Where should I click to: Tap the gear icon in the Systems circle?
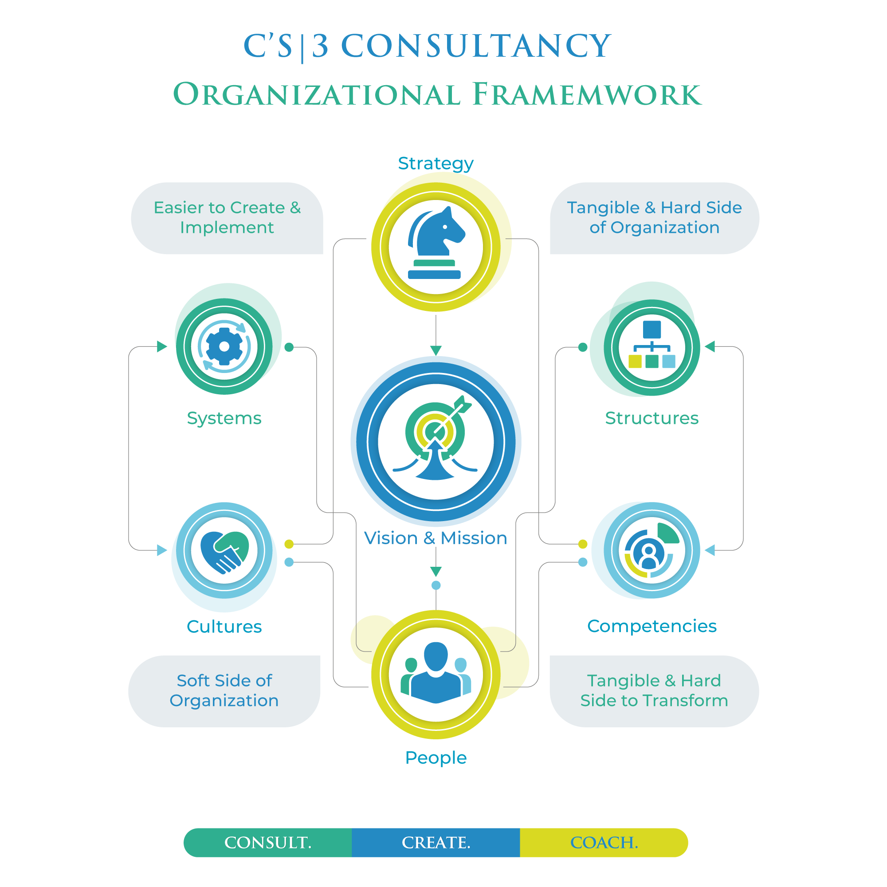[x=224, y=346]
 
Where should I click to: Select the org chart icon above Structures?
[x=652, y=345]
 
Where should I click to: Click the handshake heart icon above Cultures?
[x=224, y=550]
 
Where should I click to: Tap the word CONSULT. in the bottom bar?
[x=268, y=843]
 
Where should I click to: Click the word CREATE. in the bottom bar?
[x=436, y=843]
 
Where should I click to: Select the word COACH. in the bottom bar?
[x=604, y=843]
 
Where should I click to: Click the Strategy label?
[x=436, y=164]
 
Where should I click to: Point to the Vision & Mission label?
[x=435, y=538]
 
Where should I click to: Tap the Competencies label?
[x=652, y=626]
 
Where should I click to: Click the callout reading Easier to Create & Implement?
[x=227, y=218]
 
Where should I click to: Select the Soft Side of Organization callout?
[x=224, y=691]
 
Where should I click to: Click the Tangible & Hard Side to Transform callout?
[x=654, y=691]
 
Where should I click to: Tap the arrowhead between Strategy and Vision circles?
[x=436, y=350]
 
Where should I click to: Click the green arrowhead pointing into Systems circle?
[x=162, y=346]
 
